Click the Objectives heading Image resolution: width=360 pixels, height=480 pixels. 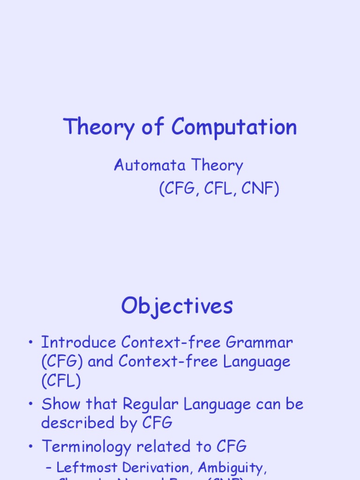pos(177,307)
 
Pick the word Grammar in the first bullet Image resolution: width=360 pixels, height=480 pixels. pos(259,343)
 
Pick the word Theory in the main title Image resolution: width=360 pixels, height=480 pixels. pos(97,127)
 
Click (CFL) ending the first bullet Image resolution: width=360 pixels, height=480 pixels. pos(61,381)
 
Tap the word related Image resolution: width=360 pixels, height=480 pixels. pos(165,447)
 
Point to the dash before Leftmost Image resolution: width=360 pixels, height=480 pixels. pos(49,468)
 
